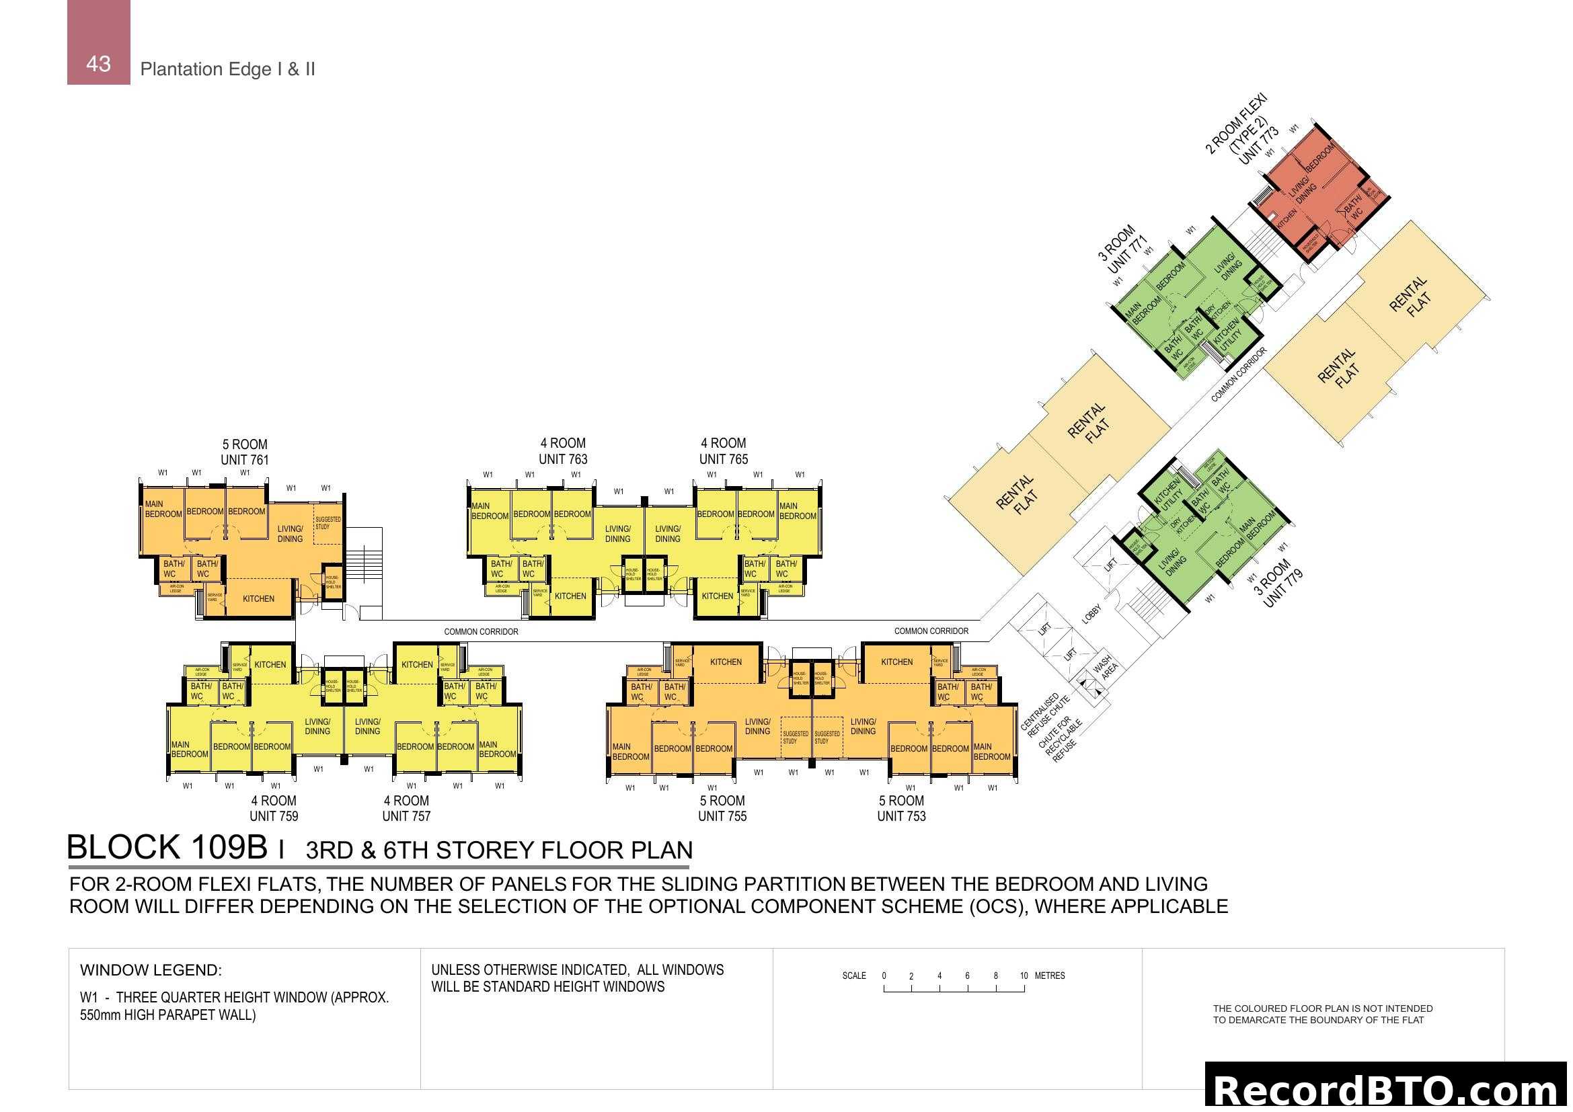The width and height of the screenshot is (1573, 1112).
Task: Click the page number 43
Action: point(98,64)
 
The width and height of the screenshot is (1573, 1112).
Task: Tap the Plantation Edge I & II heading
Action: point(227,69)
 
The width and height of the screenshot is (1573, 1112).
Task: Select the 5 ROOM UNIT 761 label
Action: point(245,452)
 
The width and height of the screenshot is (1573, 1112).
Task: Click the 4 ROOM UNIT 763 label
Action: point(563,451)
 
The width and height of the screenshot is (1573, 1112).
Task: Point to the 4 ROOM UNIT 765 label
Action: point(724,451)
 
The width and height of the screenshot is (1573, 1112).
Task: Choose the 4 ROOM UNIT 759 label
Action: point(273,808)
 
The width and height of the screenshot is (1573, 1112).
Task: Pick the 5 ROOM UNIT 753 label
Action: point(902,808)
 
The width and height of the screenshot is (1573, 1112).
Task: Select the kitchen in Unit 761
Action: point(258,598)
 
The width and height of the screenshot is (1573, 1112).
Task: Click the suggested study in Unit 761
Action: point(328,523)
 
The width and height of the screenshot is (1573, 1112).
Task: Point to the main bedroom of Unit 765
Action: point(798,511)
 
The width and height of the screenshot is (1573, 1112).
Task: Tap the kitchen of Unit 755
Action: point(726,662)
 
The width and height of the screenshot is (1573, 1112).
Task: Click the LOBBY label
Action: point(1091,614)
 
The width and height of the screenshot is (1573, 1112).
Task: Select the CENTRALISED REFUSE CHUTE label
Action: point(1044,715)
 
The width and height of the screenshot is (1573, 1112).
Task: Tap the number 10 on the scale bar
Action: point(1024,976)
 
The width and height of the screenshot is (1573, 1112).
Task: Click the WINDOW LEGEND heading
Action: point(151,970)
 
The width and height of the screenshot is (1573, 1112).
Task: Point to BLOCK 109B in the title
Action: point(167,848)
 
